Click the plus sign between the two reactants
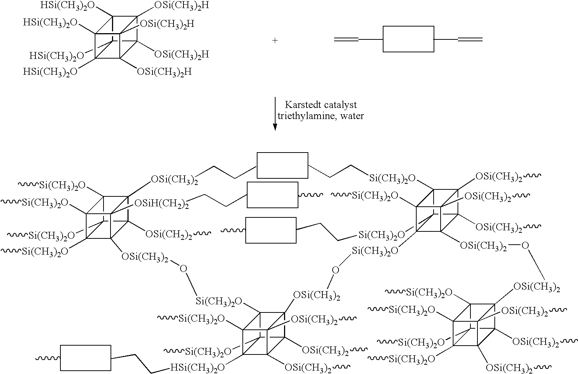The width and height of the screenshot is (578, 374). click(x=275, y=41)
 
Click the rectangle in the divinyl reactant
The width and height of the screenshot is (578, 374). click(x=408, y=39)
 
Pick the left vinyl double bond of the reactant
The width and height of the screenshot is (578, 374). click(x=346, y=39)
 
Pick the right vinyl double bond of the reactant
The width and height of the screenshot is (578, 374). click(x=470, y=39)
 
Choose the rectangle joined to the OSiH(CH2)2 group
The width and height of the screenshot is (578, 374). click(x=272, y=195)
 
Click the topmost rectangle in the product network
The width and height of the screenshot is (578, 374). click(x=282, y=165)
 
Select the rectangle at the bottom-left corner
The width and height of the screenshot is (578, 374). click(x=85, y=357)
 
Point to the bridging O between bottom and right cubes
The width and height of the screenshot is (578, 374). click(x=335, y=270)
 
